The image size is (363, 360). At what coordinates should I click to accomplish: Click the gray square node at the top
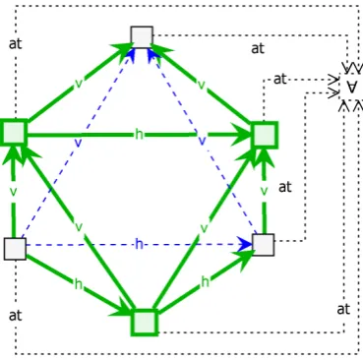click(142, 37)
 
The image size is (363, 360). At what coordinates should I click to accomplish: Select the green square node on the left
click(14, 132)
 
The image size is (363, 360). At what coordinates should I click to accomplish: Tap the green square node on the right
click(265, 135)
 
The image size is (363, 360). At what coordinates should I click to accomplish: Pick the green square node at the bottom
click(145, 323)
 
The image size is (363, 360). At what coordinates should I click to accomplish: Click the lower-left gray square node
click(15, 249)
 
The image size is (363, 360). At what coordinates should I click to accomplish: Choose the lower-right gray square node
click(264, 245)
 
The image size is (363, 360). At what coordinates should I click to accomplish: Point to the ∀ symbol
click(352, 88)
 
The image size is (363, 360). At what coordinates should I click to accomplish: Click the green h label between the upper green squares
click(139, 134)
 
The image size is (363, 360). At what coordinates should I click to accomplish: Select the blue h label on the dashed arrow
click(139, 244)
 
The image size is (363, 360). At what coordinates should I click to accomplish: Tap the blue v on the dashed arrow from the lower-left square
click(78, 143)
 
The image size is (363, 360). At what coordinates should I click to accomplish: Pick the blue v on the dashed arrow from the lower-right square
click(203, 141)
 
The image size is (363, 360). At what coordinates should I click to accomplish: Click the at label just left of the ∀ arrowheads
click(279, 79)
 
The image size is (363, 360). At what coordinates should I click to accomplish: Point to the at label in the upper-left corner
click(16, 43)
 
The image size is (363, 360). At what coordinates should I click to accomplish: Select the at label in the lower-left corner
click(16, 315)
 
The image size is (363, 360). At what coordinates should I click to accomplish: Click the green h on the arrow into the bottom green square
click(78, 284)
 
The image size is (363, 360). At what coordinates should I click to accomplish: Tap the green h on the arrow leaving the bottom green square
click(205, 281)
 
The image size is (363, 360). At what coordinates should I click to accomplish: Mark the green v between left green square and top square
click(79, 84)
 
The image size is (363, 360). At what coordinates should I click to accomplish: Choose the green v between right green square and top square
click(202, 85)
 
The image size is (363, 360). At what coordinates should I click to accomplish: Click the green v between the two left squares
click(13, 192)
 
